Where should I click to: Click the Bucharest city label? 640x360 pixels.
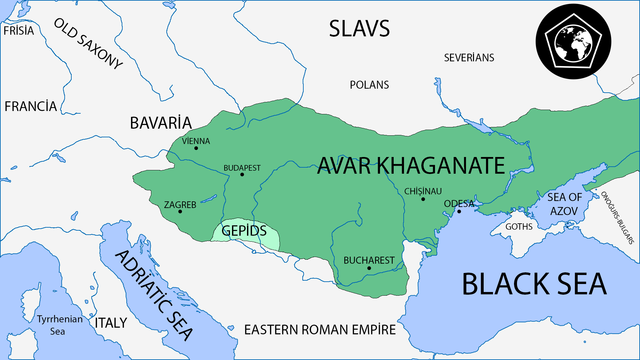click(369, 260)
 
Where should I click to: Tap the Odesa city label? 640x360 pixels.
click(459, 203)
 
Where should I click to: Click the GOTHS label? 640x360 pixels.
click(520, 226)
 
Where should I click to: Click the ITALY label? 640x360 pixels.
click(109, 323)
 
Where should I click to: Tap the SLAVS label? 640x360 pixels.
click(358, 29)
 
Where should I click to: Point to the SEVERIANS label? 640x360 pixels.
click(469, 57)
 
